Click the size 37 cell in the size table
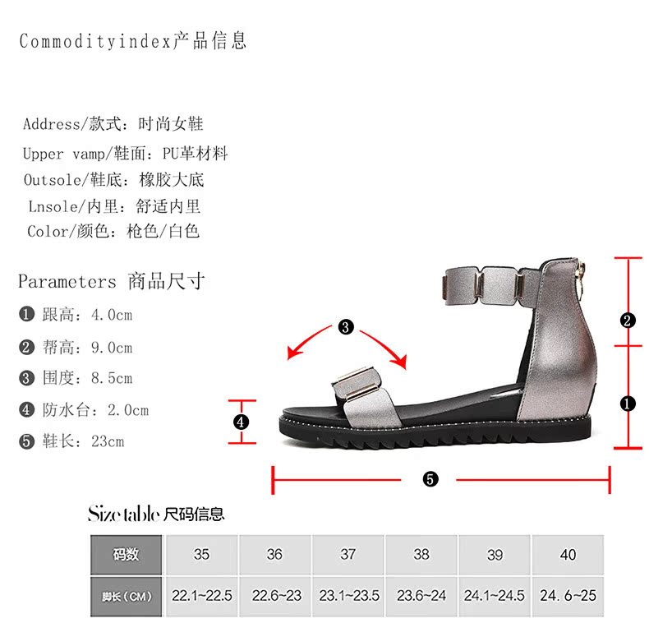(348, 555)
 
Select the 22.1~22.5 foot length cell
(201, 595)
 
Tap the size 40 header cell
(568, 555)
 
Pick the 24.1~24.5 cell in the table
(495, 595)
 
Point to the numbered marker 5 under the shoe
(430, 479)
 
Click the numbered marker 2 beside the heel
(628, 321)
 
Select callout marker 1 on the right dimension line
(628, 404)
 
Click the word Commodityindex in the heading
(95, 41)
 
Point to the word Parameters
(67, 282)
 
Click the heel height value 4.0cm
(111, 315)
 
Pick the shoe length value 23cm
(107, 441)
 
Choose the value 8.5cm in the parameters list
(111, 379)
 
